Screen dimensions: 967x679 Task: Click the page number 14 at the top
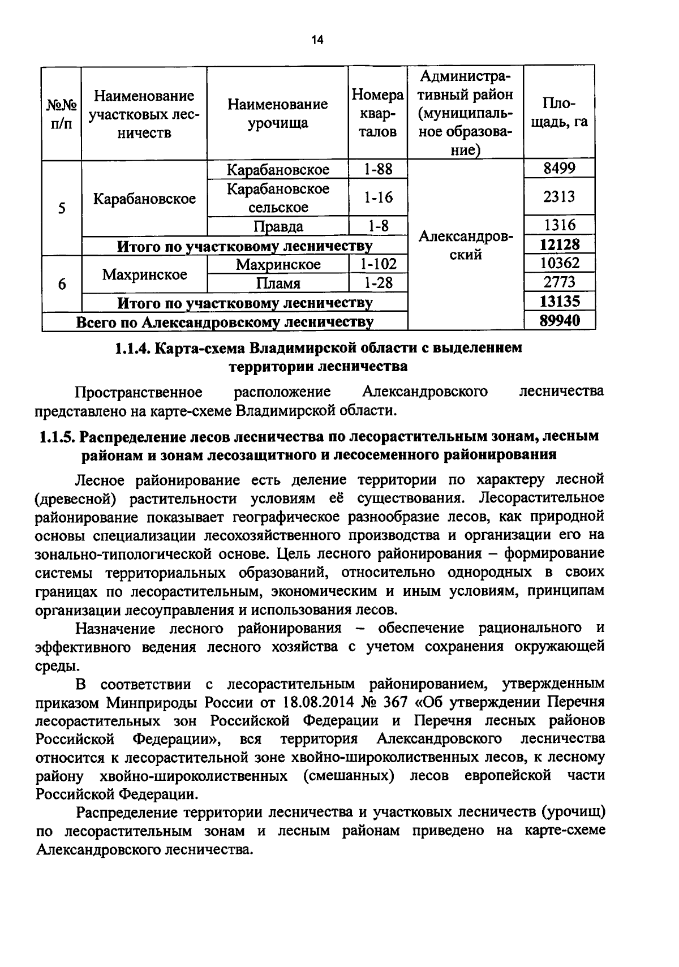317,40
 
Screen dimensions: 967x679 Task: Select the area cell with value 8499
559,169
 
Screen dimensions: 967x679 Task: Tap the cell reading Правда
278,226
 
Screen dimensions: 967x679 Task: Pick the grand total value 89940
559,321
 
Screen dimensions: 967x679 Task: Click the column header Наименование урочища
277,113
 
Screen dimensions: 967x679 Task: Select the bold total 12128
559,244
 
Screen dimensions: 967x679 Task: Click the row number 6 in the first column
62,284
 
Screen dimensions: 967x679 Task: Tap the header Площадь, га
559,113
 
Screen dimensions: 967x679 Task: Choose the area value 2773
559,282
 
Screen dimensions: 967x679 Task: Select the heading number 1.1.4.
131,348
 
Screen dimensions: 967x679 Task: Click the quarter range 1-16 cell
378,197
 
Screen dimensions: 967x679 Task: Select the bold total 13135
559,301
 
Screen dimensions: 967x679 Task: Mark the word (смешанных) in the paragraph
348,775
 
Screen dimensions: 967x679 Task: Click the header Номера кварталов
378,113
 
